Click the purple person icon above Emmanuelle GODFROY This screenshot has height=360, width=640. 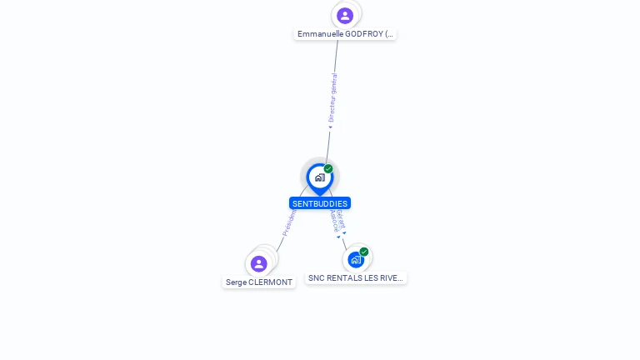[x=345, y=15]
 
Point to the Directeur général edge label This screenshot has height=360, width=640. [x=333, y=97]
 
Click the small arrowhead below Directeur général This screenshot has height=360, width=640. [x=330, y=127]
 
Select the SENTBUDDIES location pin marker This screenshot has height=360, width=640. [x=319, y=177]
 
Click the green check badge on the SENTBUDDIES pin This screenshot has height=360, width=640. [x=328, y=169]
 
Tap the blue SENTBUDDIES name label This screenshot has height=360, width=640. [x=320, y=203]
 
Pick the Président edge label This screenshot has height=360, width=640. [x=289, y=222]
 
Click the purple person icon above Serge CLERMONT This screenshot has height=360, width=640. [x=259, y=263]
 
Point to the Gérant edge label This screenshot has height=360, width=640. [x=341, y=219]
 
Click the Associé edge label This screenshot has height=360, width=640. [x=333, y=221]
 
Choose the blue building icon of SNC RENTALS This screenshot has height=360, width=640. [x=356, y=259]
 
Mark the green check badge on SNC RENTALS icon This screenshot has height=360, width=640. [x=364, y=252]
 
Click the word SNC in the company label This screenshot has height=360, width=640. [x=317, y=278]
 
